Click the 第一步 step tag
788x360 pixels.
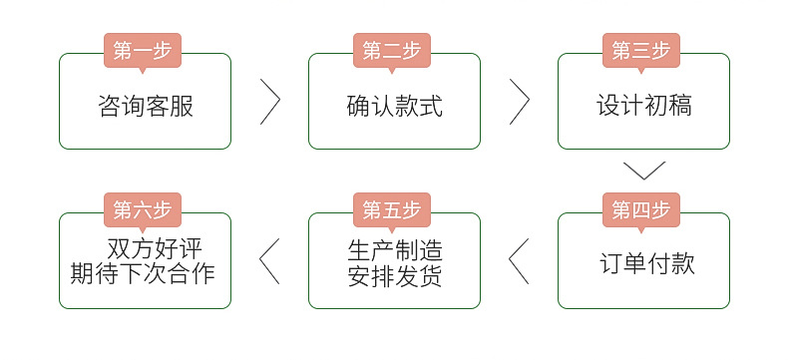143,51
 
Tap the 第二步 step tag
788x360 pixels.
392,51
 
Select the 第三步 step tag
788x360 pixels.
641,51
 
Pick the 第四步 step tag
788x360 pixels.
641,210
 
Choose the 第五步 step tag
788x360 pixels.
392,210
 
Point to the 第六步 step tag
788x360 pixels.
143,210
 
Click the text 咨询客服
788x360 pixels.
146,106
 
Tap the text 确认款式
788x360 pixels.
395,106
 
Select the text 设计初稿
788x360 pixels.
644,106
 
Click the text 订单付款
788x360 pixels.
647,264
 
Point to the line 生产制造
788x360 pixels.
395,249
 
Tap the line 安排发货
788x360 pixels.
395,275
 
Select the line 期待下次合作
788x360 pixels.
144,273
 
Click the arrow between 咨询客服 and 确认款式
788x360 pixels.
270,101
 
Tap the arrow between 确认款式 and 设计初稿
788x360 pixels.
520,101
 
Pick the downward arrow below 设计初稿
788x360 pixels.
643,170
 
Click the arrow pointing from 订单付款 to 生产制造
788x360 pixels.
519,260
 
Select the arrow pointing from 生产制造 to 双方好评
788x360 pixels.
269,260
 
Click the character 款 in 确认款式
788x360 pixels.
407,106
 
